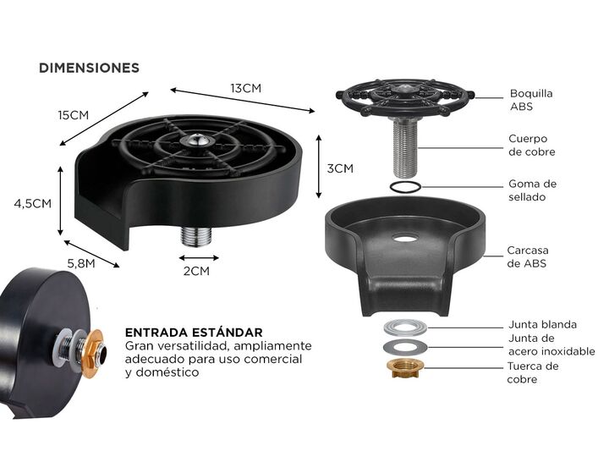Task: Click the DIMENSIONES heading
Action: pyautogui.click(x=89, y=68)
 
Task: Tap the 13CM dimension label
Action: pyautogui.click(x=246, y=88)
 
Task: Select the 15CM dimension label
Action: pyautogui.click(x=74, y=115)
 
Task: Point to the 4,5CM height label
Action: pyautogui.click(x=33, y=204)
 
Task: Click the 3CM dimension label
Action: pyautogui.click(x=340, y=168)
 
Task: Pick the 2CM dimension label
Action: pyautogui.click(x=196, y=271)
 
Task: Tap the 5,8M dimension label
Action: pyautogui.click(x=81, y=263)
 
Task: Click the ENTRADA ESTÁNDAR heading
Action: pyautogui.click(x=194, y=333)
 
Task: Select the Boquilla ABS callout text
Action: pyautogui.click(x=531, y=100)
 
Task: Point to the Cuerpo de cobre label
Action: pyautogui.click(x=532, y=145)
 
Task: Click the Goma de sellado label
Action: pyautogui.click(x=532, y=190)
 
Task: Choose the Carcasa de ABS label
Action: pyautogui.click(x=528, y=256)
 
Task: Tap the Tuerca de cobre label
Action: pyautogui.click(x=533, y=372)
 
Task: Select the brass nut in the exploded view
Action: pyautogui.click(x=405, y=369)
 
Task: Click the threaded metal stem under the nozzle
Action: pyautogui.click(x=405, y=146)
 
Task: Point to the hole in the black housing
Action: pyautogui.click(x=405, y=238)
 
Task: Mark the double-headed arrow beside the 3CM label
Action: pyautogui.click(x=319, y=167)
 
